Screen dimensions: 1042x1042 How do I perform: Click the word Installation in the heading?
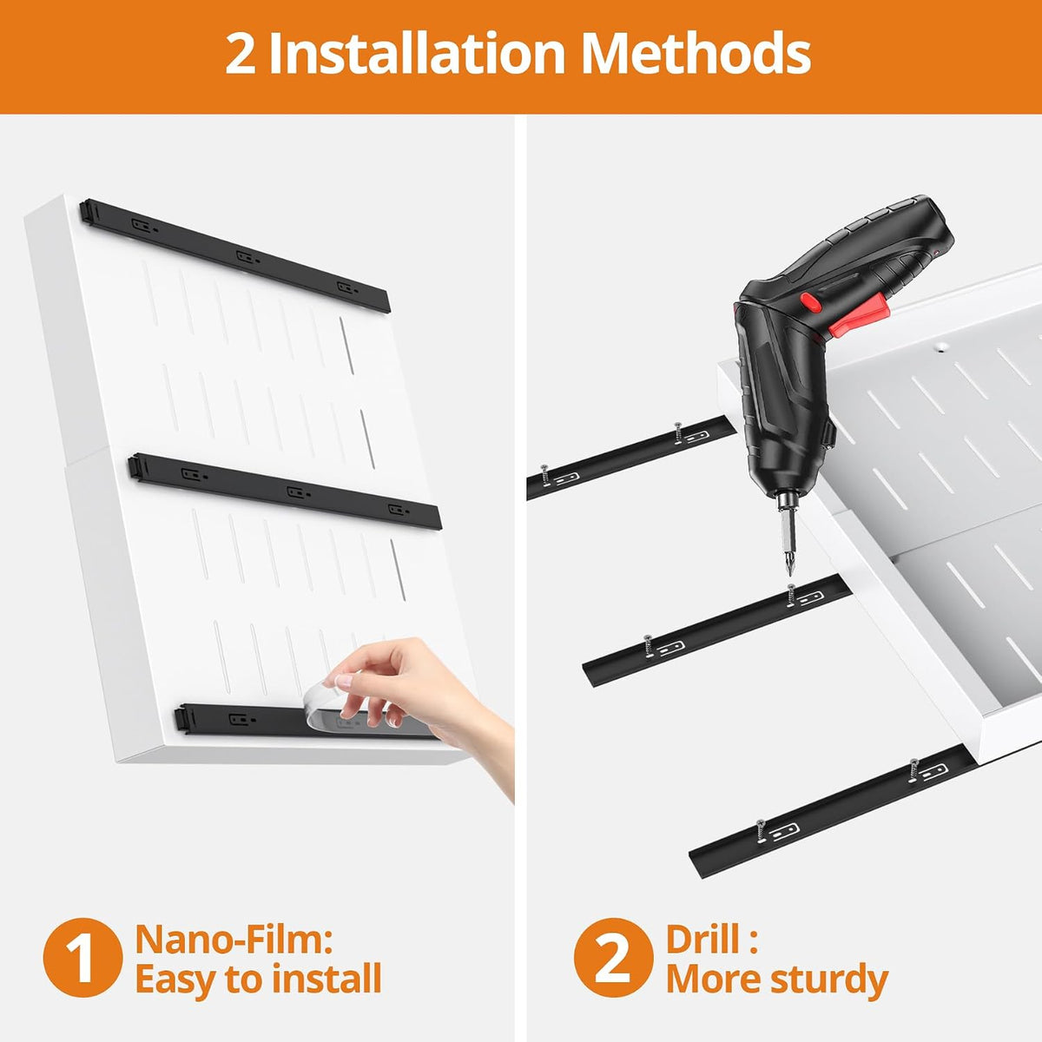point(417,53)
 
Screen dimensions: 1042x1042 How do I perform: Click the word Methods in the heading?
point(696,53)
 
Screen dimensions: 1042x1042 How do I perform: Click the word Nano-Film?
point(234,940)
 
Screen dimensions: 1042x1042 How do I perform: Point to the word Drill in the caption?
point(702,940)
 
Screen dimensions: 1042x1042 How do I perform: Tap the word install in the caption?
point(326,979)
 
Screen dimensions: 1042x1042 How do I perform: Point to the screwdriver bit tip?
point(789,574)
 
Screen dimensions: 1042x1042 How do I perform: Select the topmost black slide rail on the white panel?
point(235,255)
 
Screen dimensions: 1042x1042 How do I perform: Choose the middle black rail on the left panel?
point(285,491)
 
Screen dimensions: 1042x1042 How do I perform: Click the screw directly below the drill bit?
point(791,594)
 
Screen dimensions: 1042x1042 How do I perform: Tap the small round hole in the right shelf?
point(941,346)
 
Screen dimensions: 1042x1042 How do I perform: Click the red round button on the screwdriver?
point(811,302)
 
